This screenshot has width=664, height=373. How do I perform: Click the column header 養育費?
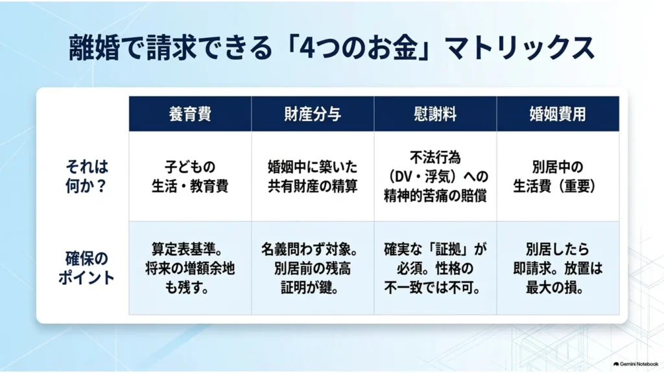190,114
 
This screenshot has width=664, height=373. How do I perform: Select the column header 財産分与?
313,114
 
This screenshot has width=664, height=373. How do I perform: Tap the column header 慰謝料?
435,114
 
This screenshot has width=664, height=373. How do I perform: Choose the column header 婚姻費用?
558,114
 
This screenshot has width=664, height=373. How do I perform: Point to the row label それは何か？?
86,176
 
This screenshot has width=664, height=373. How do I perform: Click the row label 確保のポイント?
86,268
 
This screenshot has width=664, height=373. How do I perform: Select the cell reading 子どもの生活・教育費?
190,176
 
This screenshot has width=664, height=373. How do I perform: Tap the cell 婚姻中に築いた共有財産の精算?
313,176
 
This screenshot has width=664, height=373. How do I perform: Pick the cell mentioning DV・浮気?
435,176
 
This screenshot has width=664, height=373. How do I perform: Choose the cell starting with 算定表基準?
190,268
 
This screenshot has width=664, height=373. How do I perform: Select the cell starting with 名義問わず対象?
311,268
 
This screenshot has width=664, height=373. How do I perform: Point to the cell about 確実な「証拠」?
435,268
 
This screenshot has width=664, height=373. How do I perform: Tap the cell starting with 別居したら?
558,268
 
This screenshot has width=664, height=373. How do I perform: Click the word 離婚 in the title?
94,47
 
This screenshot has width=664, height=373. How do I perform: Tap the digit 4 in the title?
306,48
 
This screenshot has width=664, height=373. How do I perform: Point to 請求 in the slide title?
171,47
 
